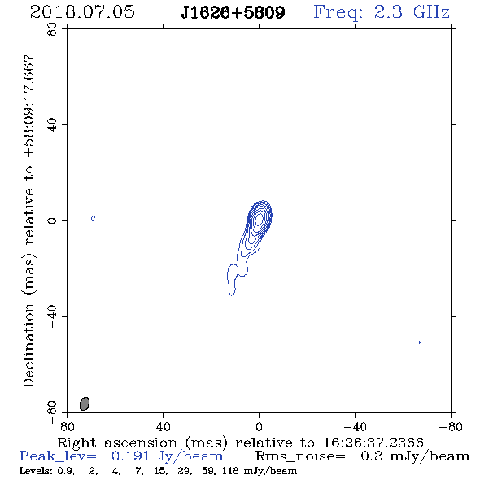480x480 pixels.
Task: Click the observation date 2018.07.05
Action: click(x=82, y=12)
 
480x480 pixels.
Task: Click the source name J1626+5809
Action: click(x=233, y=12)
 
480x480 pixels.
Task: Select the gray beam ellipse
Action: click(x=85, y=404)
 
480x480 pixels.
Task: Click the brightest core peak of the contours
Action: click(x=259, y=219)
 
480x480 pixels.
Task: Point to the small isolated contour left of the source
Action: click(x=93, y=218)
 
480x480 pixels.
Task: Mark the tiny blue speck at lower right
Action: click(x=420, y=343)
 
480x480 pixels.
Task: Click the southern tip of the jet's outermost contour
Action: click(x=232, y=295)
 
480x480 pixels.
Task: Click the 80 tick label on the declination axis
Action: click(x=52, y=29)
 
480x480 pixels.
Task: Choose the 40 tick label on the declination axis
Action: click(x=52, y=125)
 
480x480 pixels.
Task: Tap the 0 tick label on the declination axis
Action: click(x=52, y=220)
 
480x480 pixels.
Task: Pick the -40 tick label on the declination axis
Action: click(x=52, y=316)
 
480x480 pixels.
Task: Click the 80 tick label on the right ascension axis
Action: click(x=67, y=426)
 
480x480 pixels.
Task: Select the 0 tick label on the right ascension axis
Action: click(x=259, y=426)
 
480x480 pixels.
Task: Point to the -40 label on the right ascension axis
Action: click(x=355, y=426)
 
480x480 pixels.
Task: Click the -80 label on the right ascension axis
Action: click(x=451, y=426)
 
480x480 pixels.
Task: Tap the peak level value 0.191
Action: click(x=130, y=456)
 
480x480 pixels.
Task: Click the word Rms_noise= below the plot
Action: click(x=300, y=456)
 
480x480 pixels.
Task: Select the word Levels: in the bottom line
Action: click(x=33, y=471)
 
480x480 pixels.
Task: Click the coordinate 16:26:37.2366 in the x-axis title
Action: click(x=373, y=443)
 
